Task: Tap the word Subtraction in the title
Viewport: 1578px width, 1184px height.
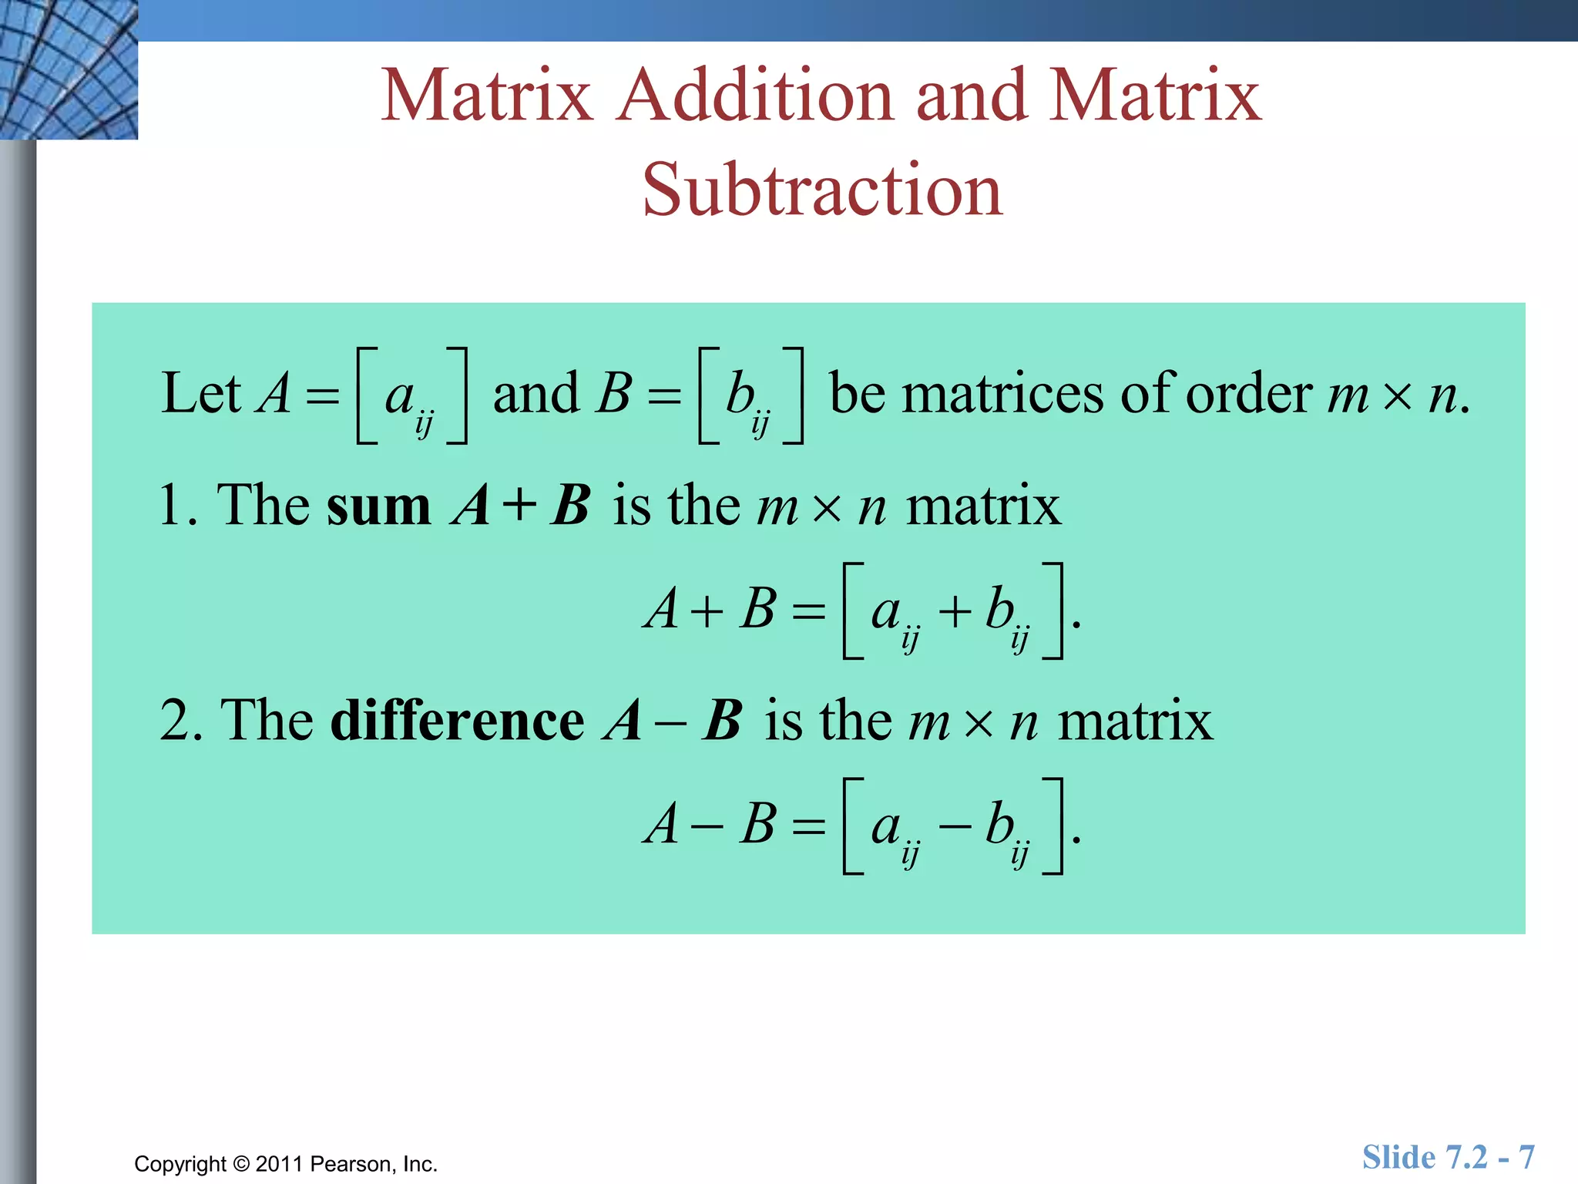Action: pyautogui.click(x=822, y=190)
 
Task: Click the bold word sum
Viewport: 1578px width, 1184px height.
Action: pyautogui.click(x=378, y=506)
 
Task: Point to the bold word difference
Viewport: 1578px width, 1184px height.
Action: pyautogui.click(x=457, y=721)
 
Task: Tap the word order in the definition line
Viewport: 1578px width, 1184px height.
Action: pyautogui.click(x=1248, y=393)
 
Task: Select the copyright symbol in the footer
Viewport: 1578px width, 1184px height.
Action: pyautogui.click(x=241, y=1164)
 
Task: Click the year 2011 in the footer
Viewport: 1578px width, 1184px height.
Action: pyautogui.click(x=280, y=1164)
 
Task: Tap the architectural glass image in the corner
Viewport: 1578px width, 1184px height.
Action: pyautogui.click(x=69, y=69)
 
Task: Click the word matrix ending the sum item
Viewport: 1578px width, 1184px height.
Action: pyautogui.click(x=983, y=506)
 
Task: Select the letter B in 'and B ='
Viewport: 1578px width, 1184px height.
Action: pyautogui.click(x=614, y=393)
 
